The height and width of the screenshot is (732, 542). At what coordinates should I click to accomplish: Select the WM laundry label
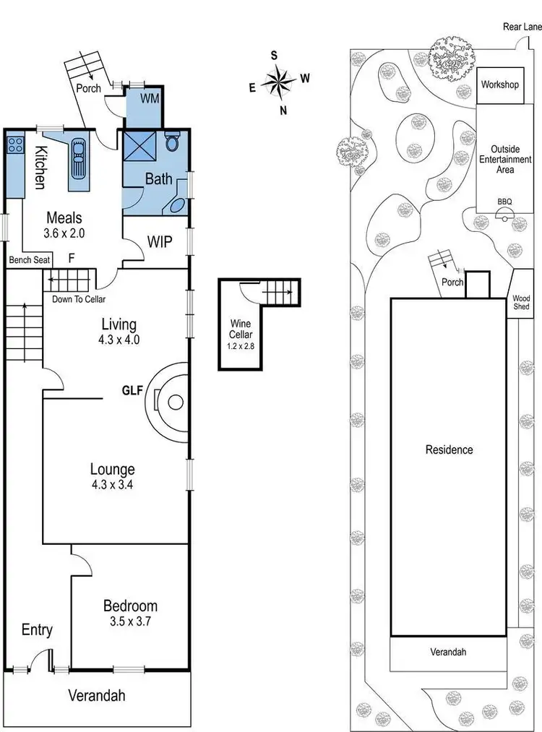click(150, 98)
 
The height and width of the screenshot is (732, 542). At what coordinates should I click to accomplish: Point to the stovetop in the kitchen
click(15, 145)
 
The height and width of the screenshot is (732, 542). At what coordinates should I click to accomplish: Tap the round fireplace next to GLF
click(171, 402)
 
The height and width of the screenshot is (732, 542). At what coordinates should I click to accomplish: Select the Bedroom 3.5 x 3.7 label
click(130, 613)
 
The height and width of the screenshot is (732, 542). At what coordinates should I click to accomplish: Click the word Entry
click(37, 630)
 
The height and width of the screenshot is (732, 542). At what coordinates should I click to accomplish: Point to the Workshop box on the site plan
click(500, 85)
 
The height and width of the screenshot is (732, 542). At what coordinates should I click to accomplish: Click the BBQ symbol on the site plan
click(504, 212)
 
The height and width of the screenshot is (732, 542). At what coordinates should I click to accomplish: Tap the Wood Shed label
click(521, 302)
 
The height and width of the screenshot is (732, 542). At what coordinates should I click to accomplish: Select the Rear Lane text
click(522, 27)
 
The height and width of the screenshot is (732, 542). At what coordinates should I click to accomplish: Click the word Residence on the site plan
click(449, 449)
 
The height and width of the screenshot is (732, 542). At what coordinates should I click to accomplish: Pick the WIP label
click(160, 241)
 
